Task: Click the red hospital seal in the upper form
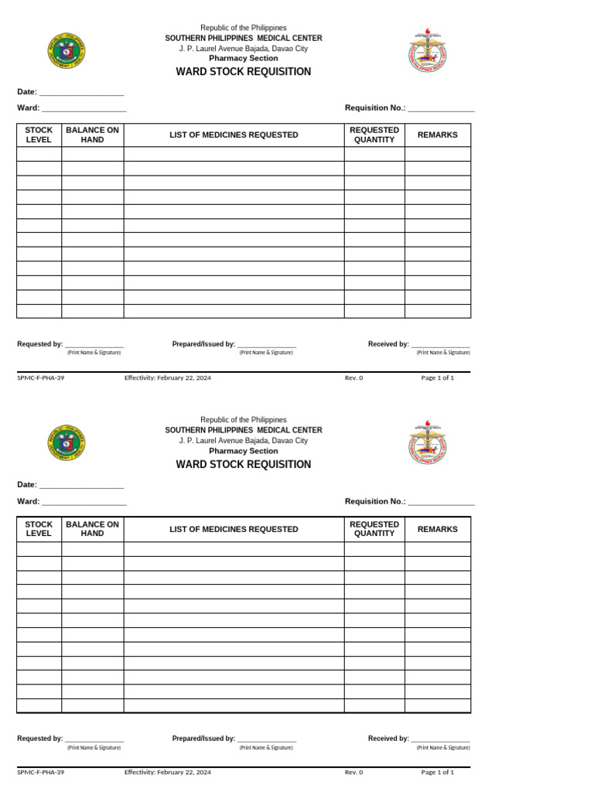pos(427,50)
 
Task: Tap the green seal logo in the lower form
pos(67,444)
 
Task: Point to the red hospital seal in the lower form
pos(427,443)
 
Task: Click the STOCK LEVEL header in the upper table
pos(39,135)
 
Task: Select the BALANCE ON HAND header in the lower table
pos(92,529)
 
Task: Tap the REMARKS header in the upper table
pos(437,135)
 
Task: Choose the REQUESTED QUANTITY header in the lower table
pos(374,529)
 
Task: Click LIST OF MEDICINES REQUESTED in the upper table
pos(234,135)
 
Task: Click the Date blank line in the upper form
pos(81,92)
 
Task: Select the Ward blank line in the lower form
pos(84,502)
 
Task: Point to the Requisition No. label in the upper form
pos(375,108)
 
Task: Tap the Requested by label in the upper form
pos(40,344)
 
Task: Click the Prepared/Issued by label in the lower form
pos(203,739)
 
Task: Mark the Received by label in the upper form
pos(388,344)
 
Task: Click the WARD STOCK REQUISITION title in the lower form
pos(244,465)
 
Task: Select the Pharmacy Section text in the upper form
pos(244,59)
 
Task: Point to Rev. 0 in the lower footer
pos(353,772)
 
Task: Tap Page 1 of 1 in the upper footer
pos(437,378)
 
